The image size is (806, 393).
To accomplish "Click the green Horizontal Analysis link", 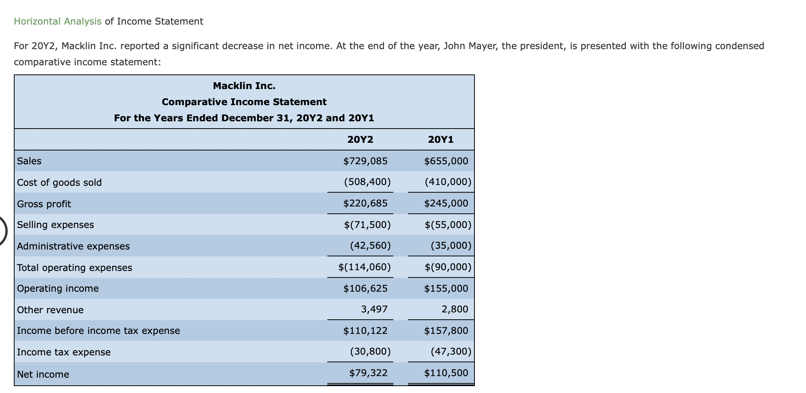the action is [58, 21].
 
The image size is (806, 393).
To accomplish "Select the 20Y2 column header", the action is [360, 140].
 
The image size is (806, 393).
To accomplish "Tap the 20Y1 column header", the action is [441, 140].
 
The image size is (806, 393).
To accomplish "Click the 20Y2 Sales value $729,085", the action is [365, 161].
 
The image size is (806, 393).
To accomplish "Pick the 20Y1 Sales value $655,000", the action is [446, 161].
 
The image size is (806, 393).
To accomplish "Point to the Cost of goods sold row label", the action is [60, 183].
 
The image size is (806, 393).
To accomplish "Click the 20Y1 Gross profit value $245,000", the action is [446, 203].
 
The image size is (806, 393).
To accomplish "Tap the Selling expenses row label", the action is [56, 225].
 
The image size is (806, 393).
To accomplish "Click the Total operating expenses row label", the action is [75, 268].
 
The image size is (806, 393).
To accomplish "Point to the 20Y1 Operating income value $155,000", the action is [446, 289].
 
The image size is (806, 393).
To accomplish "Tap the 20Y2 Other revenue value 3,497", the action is [374, 309].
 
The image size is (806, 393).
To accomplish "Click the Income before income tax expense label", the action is [98, 331].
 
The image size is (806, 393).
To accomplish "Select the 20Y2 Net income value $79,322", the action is [368, 373].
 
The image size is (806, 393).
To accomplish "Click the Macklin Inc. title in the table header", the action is [244, 86].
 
